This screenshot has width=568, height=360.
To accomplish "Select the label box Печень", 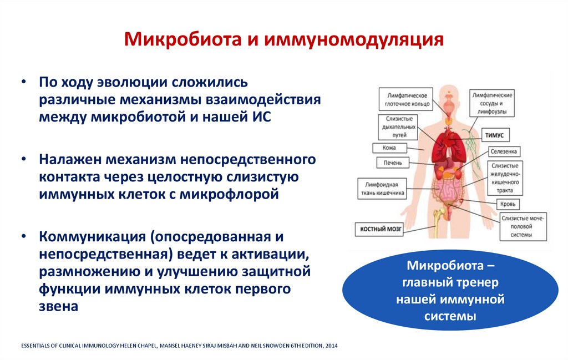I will pyautogui.click(x=393, y=163).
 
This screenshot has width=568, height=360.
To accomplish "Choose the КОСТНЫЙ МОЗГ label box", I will pyautogui.click(x=379, y=228).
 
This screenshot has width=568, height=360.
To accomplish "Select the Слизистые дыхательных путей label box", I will pyautogui.click(x=398, y=127).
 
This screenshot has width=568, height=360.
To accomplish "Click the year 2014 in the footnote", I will pyautogui.click(x=331, y=346).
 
